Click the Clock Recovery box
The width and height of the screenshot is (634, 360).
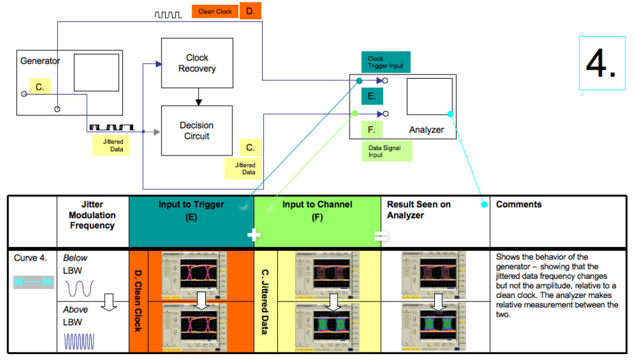click(x=197, y=63)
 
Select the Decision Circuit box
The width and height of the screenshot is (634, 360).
click(x=197, y=131)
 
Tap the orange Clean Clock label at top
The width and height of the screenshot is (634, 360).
click(x=215, y=11)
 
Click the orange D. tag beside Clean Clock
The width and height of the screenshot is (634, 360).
click(x=250, y=11)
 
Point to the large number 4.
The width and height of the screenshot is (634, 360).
click(x=601, y=63)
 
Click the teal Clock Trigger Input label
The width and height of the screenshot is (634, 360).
click(x=386, y=62)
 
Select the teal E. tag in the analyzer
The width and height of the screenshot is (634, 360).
click(x=372, y=96)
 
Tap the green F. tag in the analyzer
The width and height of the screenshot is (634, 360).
click(x=371, y=129)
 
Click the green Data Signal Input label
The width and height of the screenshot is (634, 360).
click(x=387, y=151)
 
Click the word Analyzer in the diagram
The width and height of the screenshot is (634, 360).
click(x=426, y=129)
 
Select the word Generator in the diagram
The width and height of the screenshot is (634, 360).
click(x=40, y=61)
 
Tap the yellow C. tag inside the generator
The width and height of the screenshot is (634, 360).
click(x=40, y=87)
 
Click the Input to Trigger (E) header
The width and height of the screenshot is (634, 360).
click(x=191, y=210)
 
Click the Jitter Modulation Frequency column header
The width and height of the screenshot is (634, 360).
click(x=92, y=215)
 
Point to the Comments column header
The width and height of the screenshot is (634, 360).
click(x=519, y=205)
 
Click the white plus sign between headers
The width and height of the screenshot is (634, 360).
click(x=254, y=235)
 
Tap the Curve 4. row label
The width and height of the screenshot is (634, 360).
click(x=29, y=258)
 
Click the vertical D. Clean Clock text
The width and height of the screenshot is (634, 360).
click(x=138, y=300)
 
